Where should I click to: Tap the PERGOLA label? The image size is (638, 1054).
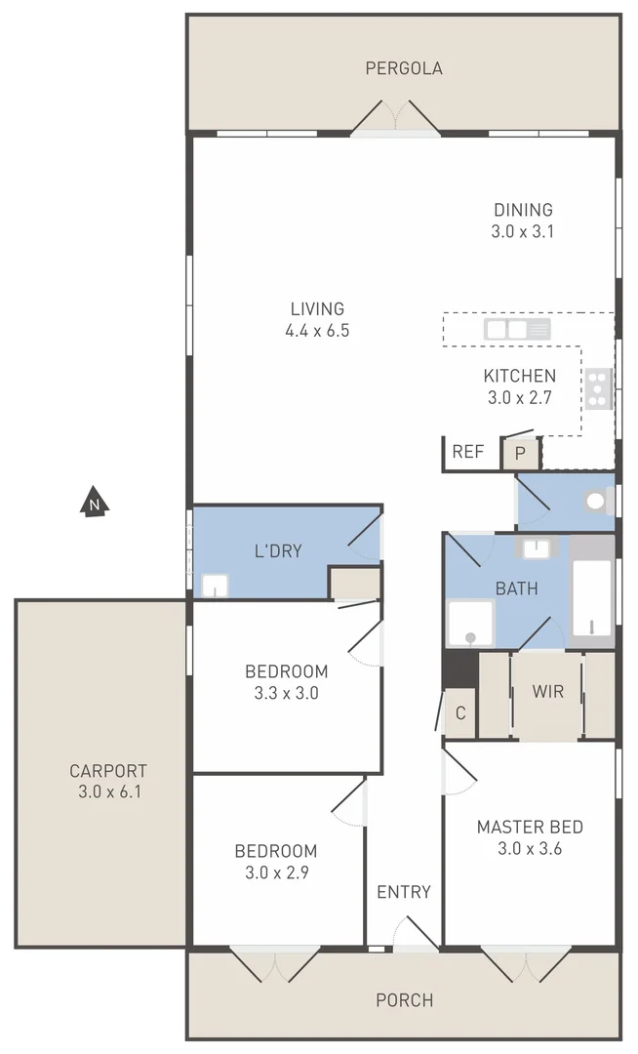coord(403,68)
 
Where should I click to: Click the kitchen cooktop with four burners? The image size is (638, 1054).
coord(597,388)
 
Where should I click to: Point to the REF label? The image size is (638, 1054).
coord(467,452)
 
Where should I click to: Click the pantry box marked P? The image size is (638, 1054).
coord(520,453)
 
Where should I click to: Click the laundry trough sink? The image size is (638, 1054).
coord(215,586)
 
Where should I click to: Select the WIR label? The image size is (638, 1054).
coord(546,692)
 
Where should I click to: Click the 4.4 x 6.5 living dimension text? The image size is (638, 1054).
coord(317,331)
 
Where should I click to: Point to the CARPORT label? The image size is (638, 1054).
coord(108,770)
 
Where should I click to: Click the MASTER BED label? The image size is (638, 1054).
coord(530,828)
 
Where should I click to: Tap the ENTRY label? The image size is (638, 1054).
coord(403,891)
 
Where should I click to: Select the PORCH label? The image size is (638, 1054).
coord(403,1000)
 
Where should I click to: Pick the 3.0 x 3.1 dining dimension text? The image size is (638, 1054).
coord(523,231)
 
